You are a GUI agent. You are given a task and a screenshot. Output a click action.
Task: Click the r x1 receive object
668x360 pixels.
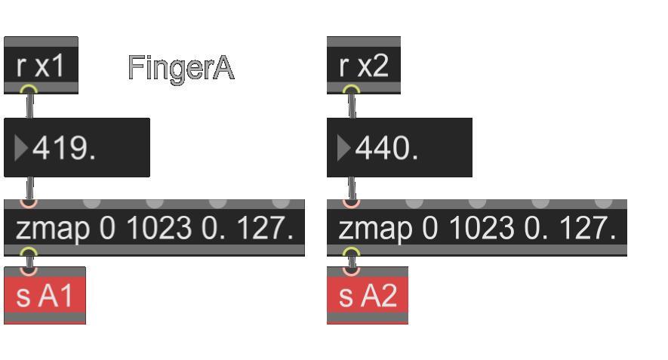[x=41, y=66]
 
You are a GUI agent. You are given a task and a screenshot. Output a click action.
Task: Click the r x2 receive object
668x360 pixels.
[x=364, y=66]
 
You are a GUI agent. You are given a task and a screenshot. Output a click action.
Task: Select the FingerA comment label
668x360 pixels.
[x=181, y=68]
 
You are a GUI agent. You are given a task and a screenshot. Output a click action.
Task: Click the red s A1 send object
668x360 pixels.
[x=45, y=295]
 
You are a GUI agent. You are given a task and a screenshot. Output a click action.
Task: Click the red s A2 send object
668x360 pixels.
[x=368, y=295]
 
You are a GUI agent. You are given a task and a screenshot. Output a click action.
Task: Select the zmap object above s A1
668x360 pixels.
[x=154, y=228]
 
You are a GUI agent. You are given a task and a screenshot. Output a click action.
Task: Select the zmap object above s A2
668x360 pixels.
[x=476, y=228]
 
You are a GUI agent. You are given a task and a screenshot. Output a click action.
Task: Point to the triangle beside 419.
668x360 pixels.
[x=21, y=148]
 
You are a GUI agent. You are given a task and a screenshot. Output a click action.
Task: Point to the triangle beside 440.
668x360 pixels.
[x=343, y=148]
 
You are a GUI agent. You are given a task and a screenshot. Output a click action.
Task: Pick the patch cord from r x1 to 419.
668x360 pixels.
[x=29, y=106]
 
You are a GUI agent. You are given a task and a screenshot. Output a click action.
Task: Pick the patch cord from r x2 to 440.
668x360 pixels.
[x=352, y=106]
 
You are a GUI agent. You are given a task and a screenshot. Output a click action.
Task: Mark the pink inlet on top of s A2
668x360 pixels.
[x=352, y=269]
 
